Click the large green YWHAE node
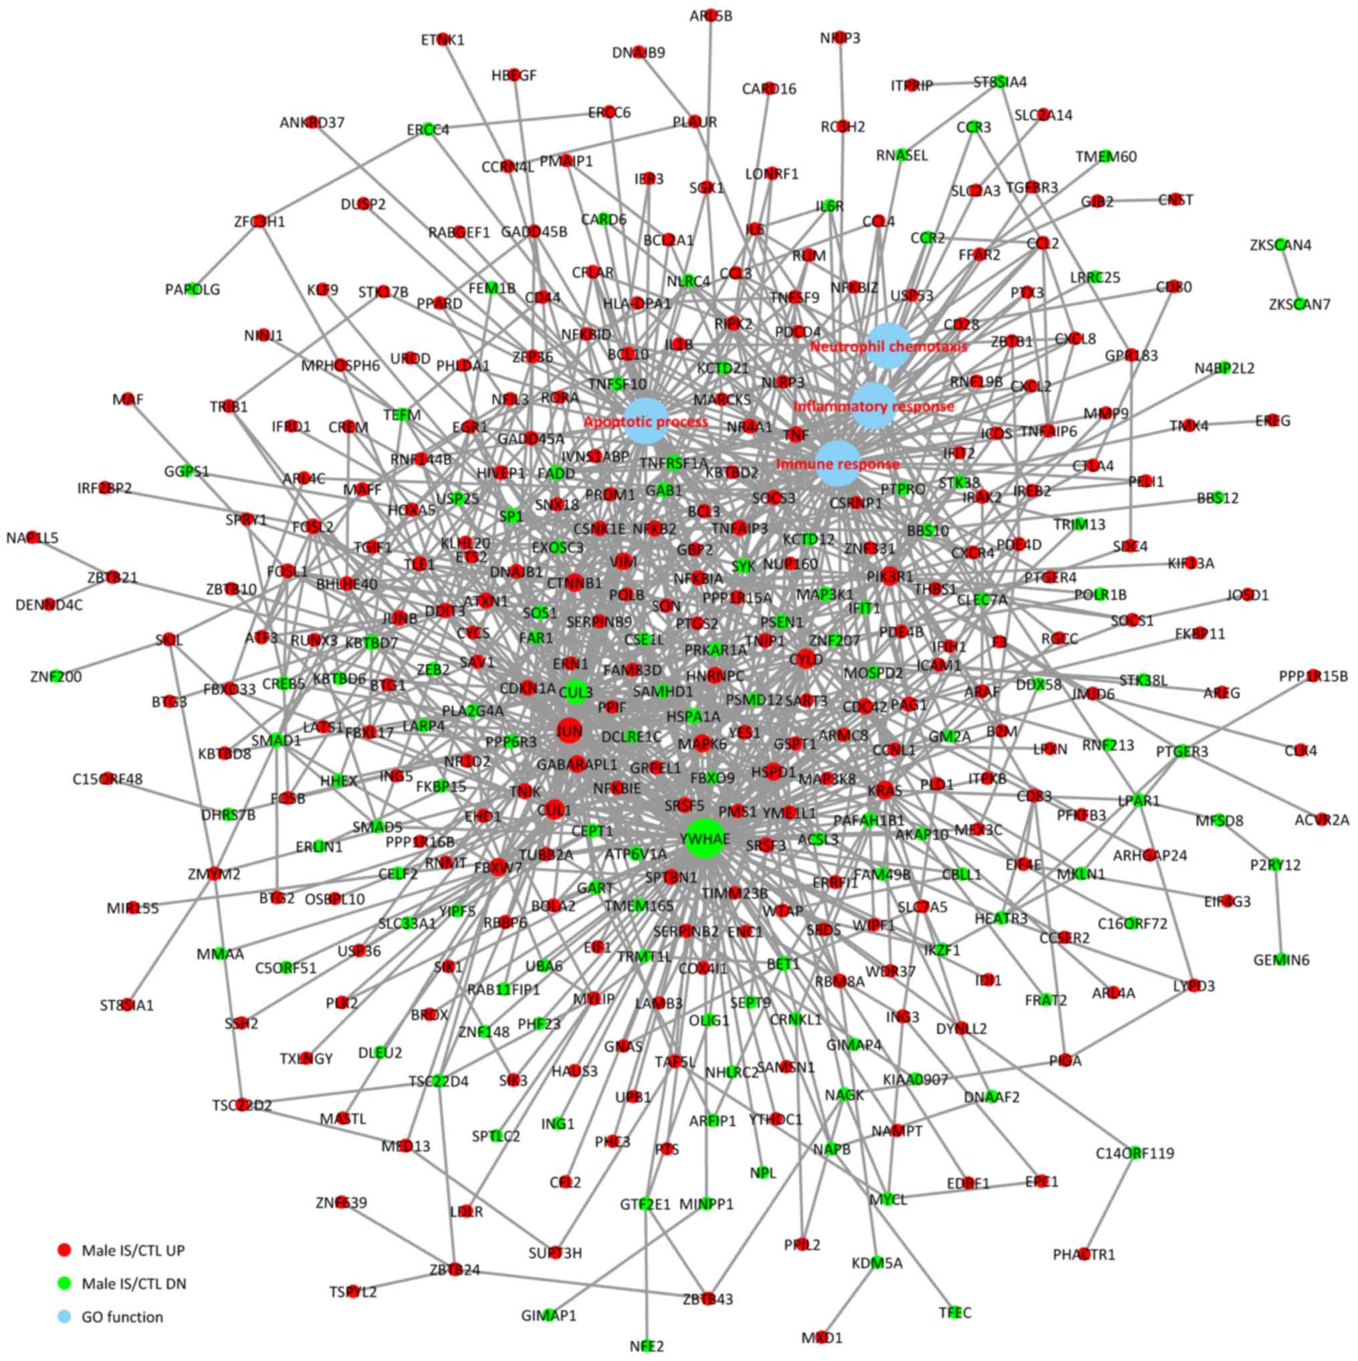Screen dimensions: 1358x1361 point(705,838)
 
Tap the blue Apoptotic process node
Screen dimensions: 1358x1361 point(646,421)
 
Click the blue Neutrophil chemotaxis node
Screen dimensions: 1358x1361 point(889,346)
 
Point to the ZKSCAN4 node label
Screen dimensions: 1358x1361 point(1280,245)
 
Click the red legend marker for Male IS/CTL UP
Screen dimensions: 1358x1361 point(64,1251)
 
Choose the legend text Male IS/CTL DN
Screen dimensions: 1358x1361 point(134,1283)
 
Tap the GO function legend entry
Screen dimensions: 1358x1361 point(122,1317)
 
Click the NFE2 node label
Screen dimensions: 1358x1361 point(647,1347)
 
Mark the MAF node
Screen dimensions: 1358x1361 point(128,399)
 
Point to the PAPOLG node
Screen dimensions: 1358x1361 point(193,289)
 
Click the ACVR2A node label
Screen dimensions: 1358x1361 point(1321,819)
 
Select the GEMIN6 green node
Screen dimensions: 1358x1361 point(1281,960)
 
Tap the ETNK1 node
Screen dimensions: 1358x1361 point(443,40)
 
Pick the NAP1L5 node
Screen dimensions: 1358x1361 point(32,538)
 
